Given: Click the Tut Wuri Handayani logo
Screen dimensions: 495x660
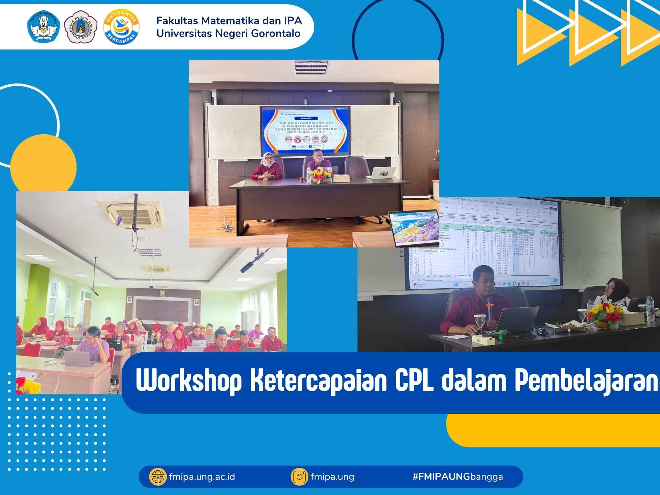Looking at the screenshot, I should (44, 27).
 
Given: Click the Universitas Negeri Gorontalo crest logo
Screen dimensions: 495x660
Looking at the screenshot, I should (81, 27).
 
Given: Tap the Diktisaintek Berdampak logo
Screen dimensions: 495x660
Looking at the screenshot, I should (121, 27).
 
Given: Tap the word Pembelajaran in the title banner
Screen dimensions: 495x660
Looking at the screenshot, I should (586, 382).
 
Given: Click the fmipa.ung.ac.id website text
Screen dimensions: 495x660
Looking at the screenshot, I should (202, 477).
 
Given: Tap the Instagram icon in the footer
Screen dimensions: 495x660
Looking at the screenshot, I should (300, 477).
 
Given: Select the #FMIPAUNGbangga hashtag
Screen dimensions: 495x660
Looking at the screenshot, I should (457, 477).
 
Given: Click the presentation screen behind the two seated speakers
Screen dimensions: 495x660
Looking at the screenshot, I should (305, 131).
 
